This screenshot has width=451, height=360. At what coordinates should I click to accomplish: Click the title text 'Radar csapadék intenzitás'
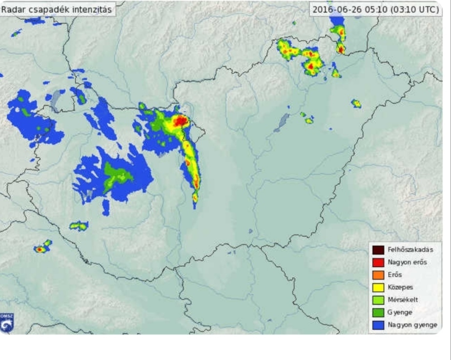point(56,9)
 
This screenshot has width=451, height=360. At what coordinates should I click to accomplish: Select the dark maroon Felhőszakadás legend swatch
point(378,250)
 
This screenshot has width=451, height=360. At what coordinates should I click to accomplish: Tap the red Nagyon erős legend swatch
point(378,262)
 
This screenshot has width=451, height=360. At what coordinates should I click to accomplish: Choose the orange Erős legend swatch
point(378,275)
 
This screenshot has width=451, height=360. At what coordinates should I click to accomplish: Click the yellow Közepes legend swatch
point(378,287)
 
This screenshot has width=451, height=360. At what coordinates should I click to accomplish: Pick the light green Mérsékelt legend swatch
point(378,300)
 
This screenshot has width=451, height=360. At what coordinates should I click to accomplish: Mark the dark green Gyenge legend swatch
point(378,312)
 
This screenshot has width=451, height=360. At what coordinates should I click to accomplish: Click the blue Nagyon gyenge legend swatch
point(378,325)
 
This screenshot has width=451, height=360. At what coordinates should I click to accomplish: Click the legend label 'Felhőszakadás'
point(410,250)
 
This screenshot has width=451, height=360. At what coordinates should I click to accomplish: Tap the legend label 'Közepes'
point(400,287)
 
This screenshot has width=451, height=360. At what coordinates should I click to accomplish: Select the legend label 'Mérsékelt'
point(403,300)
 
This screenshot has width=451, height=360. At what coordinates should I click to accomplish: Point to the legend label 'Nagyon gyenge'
point(411,325)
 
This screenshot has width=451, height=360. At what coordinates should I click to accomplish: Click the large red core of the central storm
point(181,120)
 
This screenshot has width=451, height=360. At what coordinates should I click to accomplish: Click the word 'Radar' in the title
point(12,9)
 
